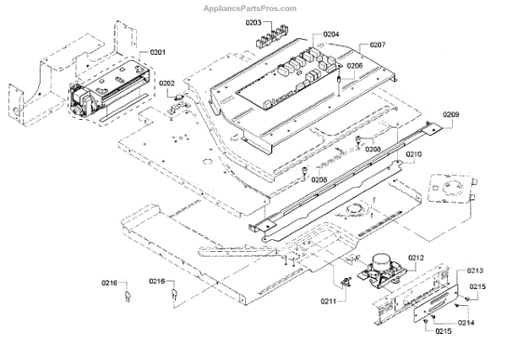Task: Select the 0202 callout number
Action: tap(166, 83)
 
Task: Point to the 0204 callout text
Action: tap(330, 35)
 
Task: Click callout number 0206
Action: tap(354, 65)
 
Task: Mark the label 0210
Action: tap(413, 155)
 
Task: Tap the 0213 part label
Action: tap(475, 271)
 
